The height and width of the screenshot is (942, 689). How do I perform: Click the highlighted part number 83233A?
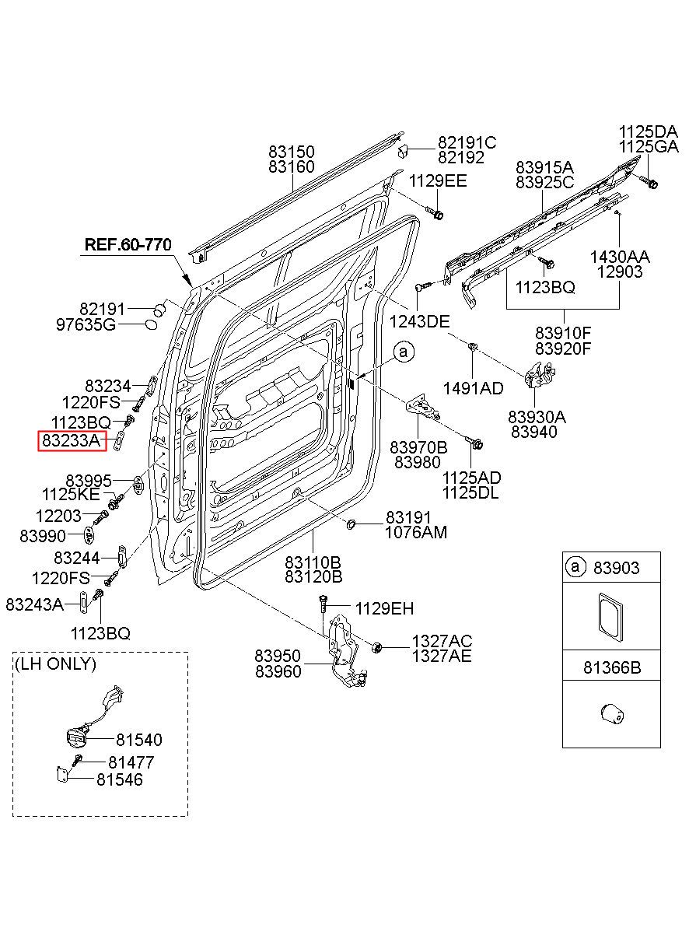(71, 440)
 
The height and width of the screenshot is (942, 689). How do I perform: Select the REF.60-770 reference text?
(128, 244)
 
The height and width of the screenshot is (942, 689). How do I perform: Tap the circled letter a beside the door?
(404, 352)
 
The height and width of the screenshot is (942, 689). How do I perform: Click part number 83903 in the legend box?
(616, 568)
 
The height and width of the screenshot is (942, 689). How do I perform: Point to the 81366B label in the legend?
(612, 667)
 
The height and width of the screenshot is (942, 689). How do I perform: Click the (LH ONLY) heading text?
(55, 664)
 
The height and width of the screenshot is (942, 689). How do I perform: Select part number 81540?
(139, 740)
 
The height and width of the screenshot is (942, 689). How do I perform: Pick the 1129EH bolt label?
(385, 608)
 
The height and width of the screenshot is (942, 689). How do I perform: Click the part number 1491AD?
(474, 389)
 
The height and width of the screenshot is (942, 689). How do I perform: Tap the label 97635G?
(86, 324)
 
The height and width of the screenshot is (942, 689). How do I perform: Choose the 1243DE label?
(419, 322)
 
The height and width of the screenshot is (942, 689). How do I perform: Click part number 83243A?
(34, 604)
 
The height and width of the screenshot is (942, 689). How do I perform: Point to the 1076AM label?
(416, 532)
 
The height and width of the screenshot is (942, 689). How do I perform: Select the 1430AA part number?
(620, 257)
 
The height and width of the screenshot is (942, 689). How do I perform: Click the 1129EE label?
(438, 181)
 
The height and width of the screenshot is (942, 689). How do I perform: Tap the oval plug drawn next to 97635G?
(151, 324)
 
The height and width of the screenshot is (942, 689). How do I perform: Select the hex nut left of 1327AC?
(377, 648)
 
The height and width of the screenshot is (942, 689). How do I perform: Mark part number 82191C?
(467, 142)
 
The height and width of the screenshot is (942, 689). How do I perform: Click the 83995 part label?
(89, 481)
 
